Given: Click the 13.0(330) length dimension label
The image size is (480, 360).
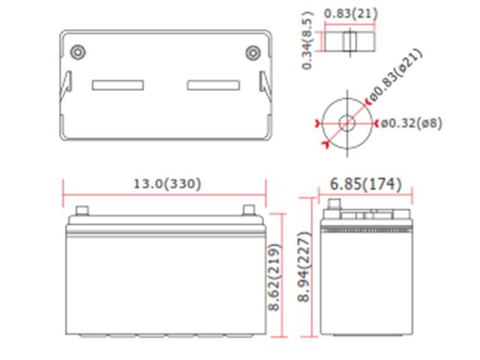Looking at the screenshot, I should click(166, 184).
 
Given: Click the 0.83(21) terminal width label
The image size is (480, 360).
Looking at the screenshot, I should click(351, 13).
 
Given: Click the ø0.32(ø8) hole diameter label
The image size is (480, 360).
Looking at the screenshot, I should click(411, 123).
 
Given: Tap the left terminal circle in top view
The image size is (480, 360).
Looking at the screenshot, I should click(77, 52).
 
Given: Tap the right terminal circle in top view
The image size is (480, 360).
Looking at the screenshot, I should click(253, 52).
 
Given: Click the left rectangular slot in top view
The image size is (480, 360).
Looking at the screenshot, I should click(118, 85).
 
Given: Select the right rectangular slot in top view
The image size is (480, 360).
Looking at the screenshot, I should click(213, 85).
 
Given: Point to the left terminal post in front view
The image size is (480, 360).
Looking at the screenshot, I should click(82, 211).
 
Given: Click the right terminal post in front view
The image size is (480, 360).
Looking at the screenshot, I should click(247, 211).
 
